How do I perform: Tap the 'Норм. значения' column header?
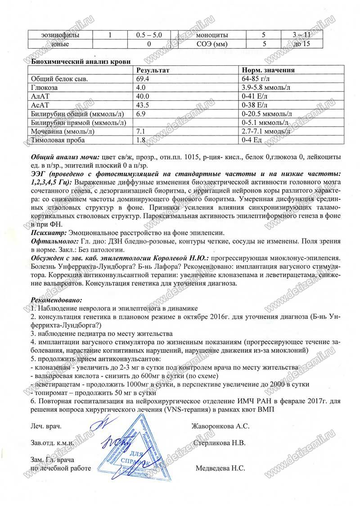click(x=268, y=70)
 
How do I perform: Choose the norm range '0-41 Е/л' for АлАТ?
click(x=255, y=96)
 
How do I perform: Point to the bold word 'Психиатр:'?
click(x=48, y=232)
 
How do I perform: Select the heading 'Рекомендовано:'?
click(x=57, y=299)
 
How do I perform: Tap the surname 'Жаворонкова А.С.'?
click(x=220, y=426)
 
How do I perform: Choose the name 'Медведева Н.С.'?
click(x=220, y=468)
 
